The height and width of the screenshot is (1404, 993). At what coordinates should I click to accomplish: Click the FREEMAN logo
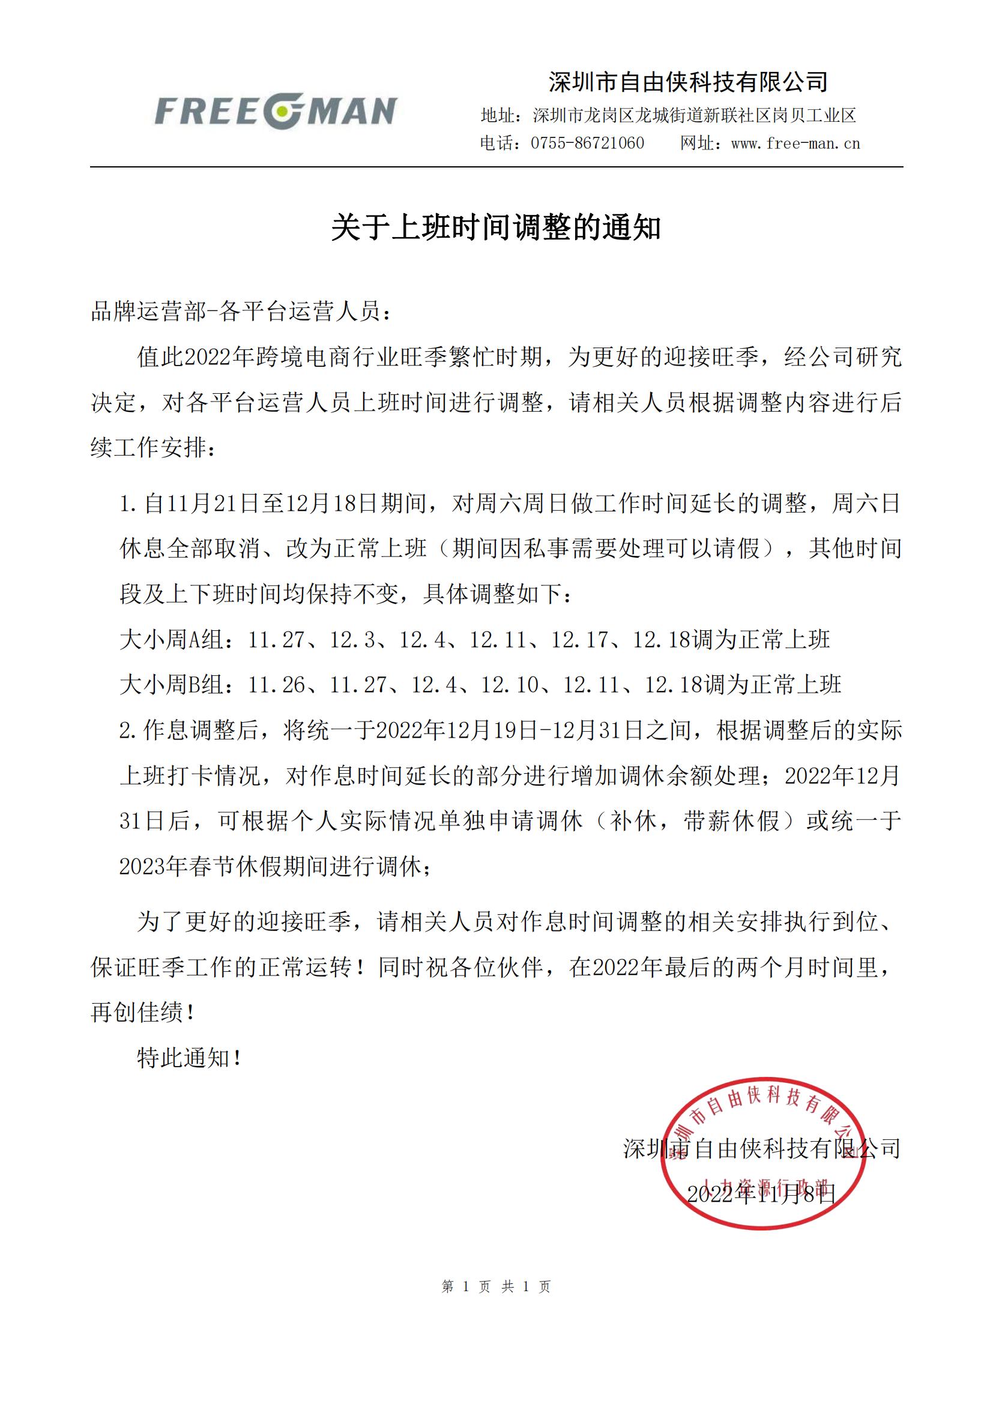point(276,111)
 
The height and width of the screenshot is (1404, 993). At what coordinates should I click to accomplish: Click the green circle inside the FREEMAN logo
point(283,111)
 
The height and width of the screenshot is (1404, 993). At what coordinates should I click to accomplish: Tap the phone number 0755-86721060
point(587,143)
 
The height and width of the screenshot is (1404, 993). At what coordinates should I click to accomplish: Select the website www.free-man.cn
point(795,143)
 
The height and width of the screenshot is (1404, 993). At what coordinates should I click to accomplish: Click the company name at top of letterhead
point(689,81)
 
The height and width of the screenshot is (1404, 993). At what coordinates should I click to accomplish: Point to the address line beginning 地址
point(668,115)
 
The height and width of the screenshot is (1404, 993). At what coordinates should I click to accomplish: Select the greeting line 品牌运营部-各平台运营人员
point(241,312)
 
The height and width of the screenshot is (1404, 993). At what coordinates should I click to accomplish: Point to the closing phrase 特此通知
point(190,1058)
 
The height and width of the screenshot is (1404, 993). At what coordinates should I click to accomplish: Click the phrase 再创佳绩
point(142,1013)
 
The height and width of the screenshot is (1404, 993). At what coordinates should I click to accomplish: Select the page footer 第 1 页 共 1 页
point(496,1286)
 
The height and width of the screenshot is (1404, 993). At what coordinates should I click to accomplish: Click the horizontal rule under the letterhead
point(496,167)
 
